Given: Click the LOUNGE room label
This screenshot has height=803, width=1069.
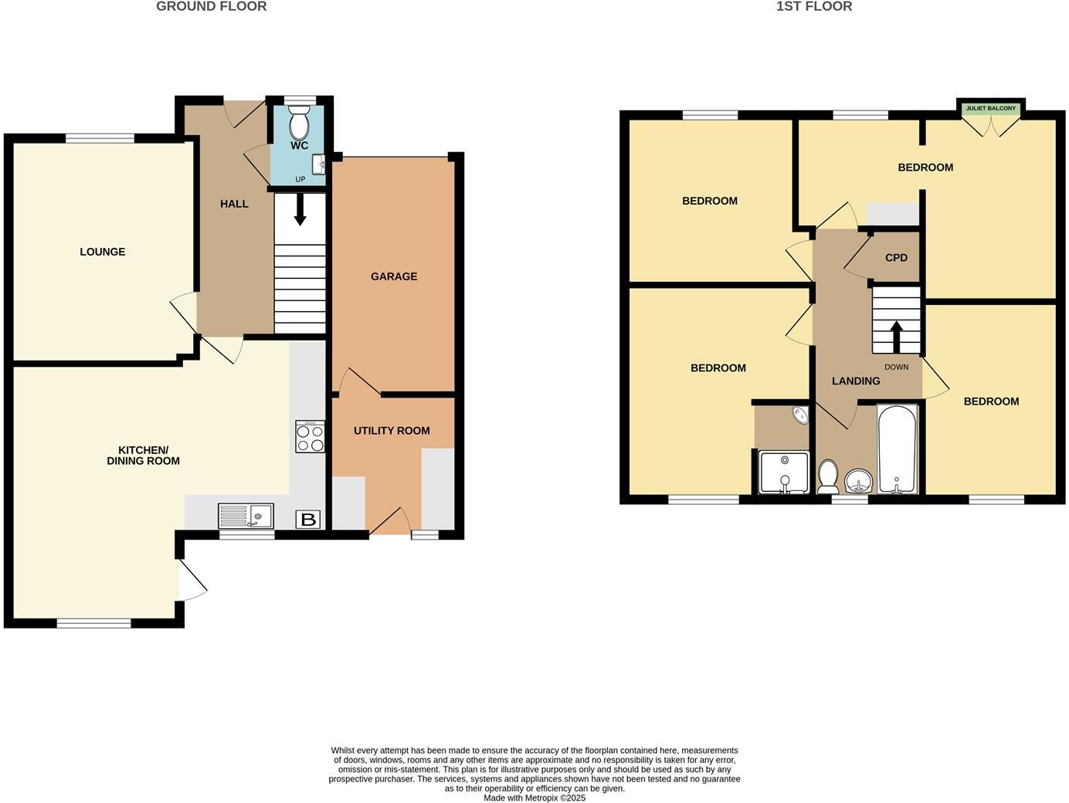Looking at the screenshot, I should point(102,252).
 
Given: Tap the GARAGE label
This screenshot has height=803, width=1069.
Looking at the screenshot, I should point(393,276).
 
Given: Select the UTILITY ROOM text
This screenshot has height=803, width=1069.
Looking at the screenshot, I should point(392,431).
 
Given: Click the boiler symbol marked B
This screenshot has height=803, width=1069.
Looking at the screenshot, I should point(308,520).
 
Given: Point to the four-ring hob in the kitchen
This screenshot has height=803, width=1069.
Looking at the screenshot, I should point(310,437).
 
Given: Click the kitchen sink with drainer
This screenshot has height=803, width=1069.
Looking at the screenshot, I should point(246,516).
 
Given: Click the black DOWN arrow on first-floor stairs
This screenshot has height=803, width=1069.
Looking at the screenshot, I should point(896,337).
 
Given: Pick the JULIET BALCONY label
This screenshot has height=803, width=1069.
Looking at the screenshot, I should point(990,109).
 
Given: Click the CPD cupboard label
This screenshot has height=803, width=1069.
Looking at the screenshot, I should point(896,258).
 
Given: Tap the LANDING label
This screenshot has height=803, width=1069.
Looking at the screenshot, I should point(855,381).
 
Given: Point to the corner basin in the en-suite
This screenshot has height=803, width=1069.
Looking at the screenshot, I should point(799,415).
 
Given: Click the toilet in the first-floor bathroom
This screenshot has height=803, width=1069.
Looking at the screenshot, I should point(827,476).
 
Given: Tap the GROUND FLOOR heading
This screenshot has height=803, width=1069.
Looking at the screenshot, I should point(211,7).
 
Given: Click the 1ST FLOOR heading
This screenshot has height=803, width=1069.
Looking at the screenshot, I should point(814,7).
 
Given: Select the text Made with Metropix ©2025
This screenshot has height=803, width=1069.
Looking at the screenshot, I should point(534,798).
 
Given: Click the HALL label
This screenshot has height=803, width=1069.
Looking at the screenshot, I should point(234,204).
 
